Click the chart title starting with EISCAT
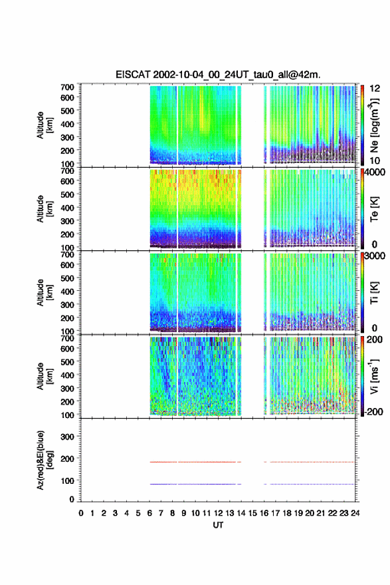point(218,75)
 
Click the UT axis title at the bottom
point(218,525)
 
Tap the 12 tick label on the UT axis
point(219,513)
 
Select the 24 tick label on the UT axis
point(355,513)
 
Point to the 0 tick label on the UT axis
point(81,513)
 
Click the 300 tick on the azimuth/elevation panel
point(67,437)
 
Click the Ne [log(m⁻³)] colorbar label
point(374,125)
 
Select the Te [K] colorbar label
point(374,209)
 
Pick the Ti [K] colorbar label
point(374,293)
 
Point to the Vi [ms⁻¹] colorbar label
point(374,376)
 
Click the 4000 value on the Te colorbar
point(375,172)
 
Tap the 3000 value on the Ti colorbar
point(375,256)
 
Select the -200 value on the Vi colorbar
point(373,411)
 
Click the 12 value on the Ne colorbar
point(375,89)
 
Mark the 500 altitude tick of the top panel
point(67,110)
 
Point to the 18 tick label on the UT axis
point(287,513)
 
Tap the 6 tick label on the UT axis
point(149,513)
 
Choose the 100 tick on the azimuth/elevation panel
point(67,481)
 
